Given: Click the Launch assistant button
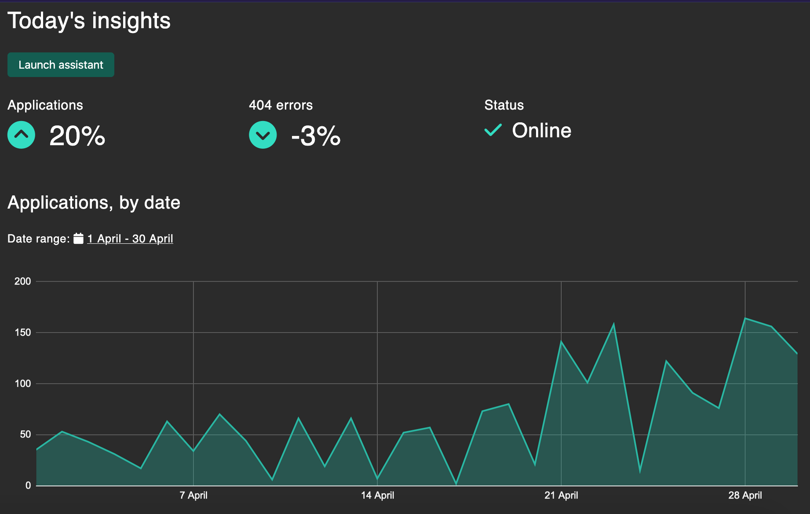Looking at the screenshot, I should (61, 65).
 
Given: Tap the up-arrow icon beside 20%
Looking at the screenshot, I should (21, 135).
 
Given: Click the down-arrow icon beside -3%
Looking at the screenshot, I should (263, 135).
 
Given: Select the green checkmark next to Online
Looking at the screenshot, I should (493, 130).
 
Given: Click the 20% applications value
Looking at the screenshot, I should (77, 136).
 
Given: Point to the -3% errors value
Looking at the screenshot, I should (316, 136).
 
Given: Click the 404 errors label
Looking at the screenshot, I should (281, 105).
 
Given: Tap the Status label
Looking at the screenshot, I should (504, 105).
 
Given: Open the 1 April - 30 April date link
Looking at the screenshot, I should (130, 239).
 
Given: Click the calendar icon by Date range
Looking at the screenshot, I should (78, 239).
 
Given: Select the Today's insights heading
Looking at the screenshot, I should (89, 21).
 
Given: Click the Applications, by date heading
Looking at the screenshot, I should (94, 203).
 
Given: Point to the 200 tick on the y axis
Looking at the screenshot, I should (22, 281).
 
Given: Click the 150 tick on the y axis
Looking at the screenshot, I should (22, 332).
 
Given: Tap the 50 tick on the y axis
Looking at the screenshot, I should (25, 434).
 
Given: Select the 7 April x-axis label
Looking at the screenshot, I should (193, 495).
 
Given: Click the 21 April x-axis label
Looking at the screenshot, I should (561, 495).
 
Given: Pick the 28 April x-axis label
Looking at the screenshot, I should (745, 495).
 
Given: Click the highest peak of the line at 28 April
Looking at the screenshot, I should (745, 318).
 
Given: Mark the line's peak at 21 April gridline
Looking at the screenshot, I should (561, 341).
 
